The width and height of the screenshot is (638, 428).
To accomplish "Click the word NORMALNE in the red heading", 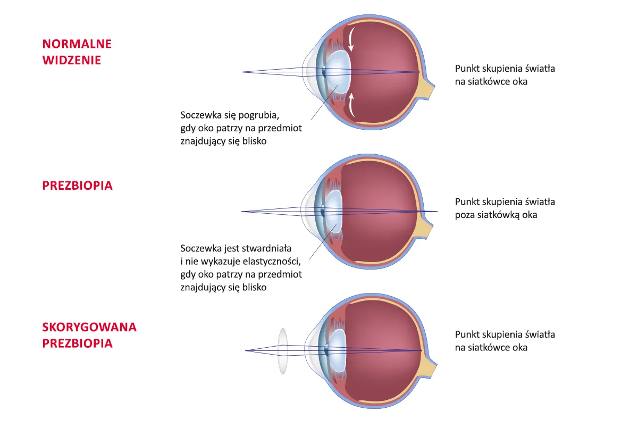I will (77, 44).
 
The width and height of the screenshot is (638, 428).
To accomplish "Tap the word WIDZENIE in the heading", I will (71, 60).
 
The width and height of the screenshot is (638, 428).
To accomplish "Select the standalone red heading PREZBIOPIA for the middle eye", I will (77, 186).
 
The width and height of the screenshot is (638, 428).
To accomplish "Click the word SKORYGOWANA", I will (89, 327).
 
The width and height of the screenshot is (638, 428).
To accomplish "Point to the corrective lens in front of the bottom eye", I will (283, 351).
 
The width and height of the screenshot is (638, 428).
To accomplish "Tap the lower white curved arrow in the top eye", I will (351, 105).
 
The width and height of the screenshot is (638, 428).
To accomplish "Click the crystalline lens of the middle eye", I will (334, 211).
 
